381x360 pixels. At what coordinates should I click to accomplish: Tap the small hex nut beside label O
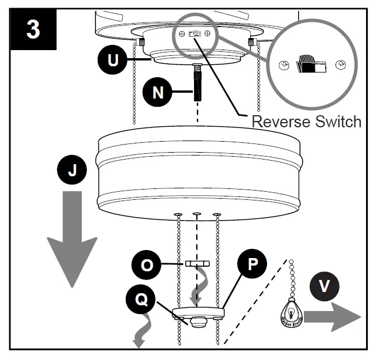[197, 263]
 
